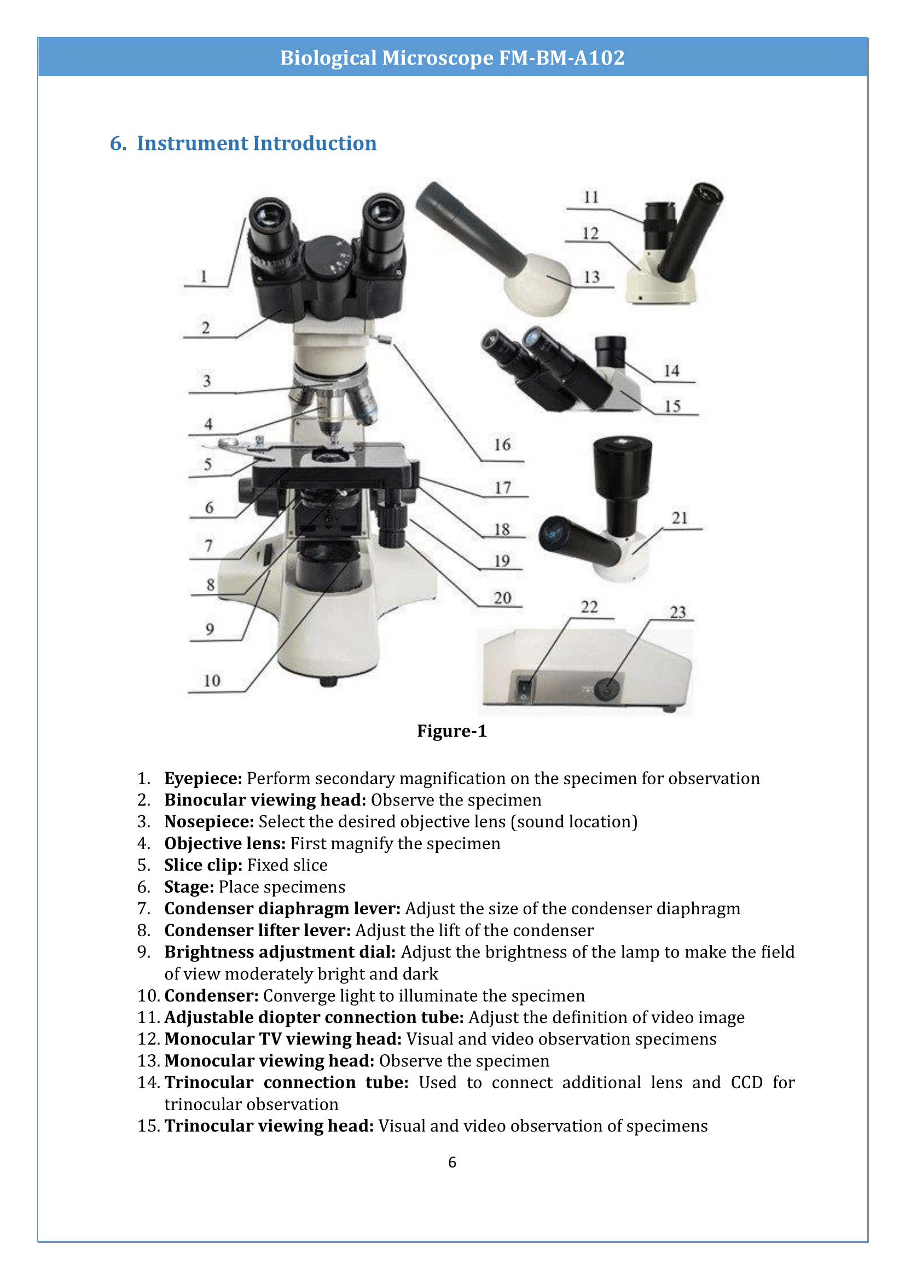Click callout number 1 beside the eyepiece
point(204,276)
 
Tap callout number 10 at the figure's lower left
point(212,681)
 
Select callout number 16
point(502,445)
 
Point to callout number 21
point(680,518)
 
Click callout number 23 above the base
point(677,612)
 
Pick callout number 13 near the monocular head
point(592,277)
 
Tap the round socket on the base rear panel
point(607,689)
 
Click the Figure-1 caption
point(452,731)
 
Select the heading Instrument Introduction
point(256,143)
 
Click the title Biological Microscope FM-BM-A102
point(452,57)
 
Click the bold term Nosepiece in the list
point(209,822)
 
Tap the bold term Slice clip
point(203,865)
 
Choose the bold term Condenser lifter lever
point(257,930)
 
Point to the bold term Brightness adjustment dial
point(280,952)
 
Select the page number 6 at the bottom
point(452,1162)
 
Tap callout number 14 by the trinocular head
point(671,370)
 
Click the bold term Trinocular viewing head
point(269,1126)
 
